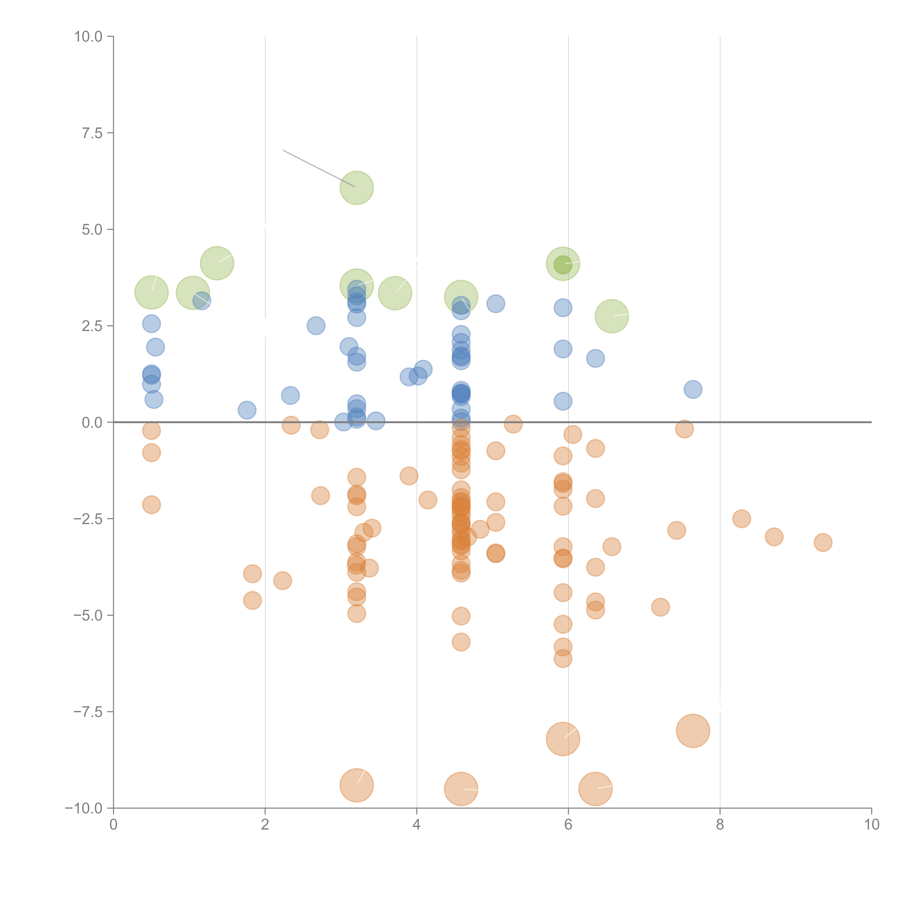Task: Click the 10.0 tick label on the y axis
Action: pyautogui.click(x=88, y=37)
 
